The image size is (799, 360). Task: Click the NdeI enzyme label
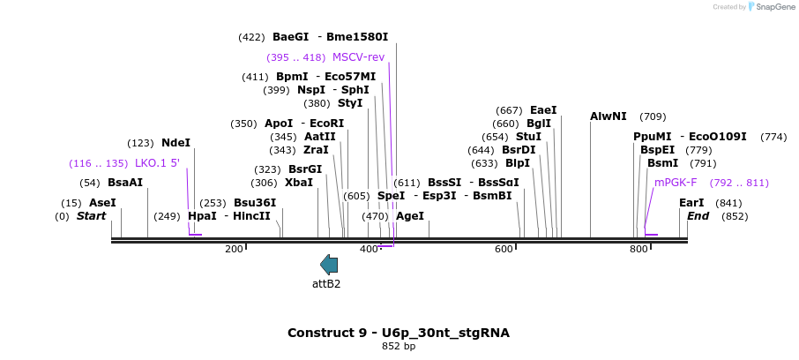click(x=175, y=143)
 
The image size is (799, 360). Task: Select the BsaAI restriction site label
click(x=124, y=183)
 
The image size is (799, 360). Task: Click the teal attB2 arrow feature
click(x=329, y=264)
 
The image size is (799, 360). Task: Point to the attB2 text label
click(x=326, y=284)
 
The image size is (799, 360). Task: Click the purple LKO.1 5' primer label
click(x=157, y=163)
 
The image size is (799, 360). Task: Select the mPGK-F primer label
click(x=676, y=183)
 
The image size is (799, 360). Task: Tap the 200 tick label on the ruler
click(x=234, y=250)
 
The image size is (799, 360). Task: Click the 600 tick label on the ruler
click(x=504, y=250)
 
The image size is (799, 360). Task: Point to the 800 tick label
click(x=638, y=250)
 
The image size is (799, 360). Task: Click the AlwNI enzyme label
click(x=609, y=116)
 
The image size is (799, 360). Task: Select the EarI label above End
click(x=691, y=203)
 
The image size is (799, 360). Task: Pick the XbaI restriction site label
click(x=299, y=183)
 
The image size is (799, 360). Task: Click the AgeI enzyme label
click(x=410, y=216)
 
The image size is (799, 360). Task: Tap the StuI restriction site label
click(x=528, y=137)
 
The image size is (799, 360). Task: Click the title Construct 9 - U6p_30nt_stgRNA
click(x=399, y=333)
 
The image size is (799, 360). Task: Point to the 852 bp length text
click(x=399, y=346)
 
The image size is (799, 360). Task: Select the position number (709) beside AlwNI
click(x=653, y=116)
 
